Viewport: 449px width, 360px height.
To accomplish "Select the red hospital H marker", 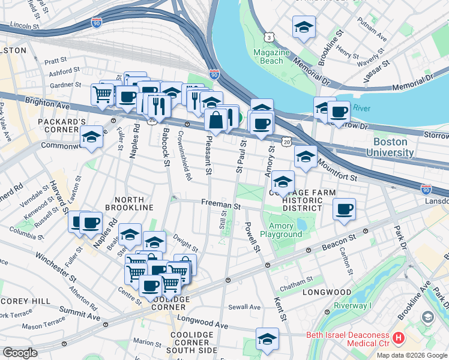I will coord(399,339).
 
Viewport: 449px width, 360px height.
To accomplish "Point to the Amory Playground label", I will coord(281,230).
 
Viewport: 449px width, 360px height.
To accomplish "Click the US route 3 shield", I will coord(269,37).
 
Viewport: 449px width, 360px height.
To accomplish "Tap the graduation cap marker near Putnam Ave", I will coord(304,27).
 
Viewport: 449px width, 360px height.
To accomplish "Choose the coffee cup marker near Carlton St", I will coord(344,209).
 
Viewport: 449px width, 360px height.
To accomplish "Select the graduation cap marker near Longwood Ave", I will coord(267,338).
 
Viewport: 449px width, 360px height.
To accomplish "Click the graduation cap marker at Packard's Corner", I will coord(91,137).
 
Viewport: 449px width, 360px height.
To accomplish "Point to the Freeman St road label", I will coord(221,205).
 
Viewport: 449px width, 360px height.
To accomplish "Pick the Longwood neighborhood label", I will coord(327,292).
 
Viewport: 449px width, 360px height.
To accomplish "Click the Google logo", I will coord(20,353).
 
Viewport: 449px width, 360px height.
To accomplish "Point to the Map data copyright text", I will coord(412,355).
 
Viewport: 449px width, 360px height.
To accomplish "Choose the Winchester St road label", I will coord(56,266).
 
